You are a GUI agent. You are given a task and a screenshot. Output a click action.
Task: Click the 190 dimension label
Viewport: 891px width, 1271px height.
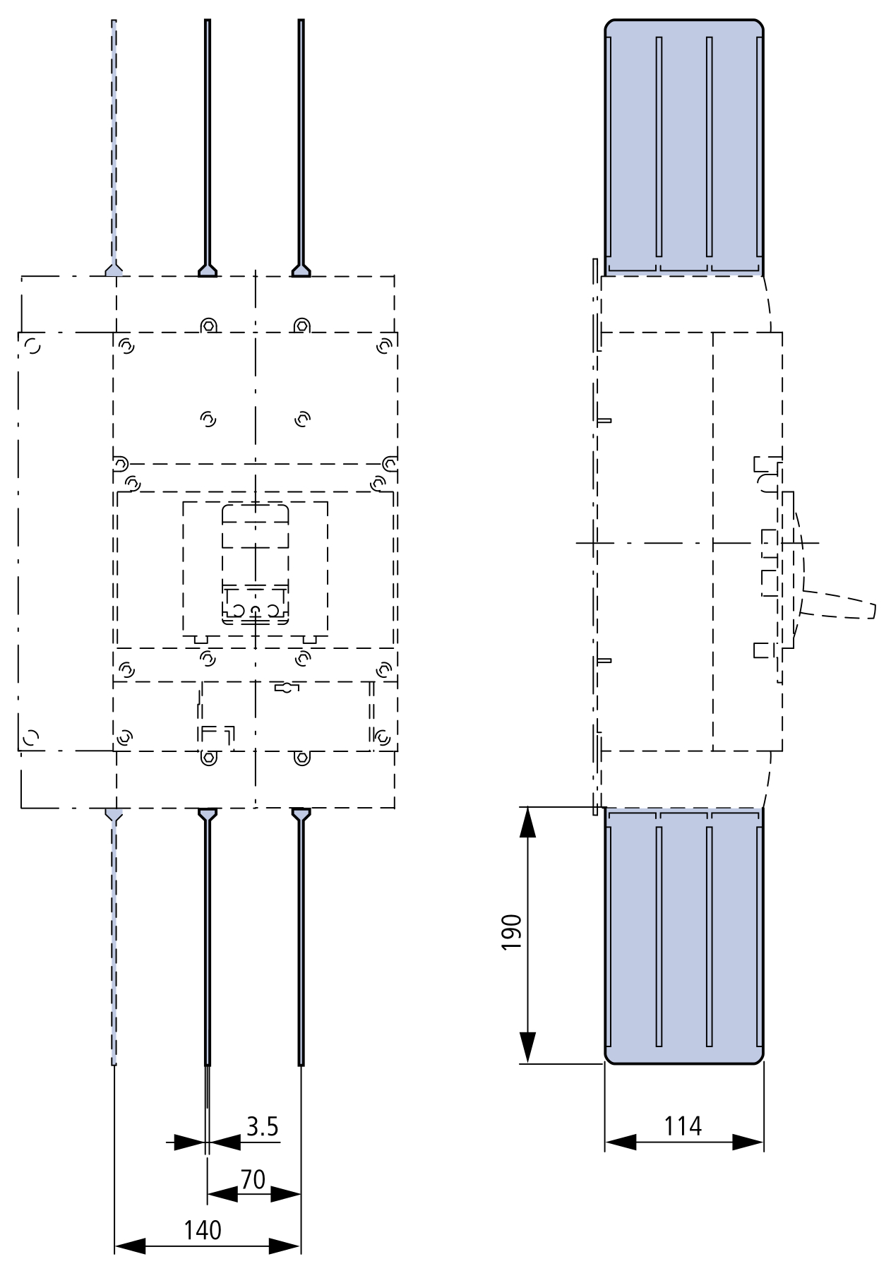pyautogui.click(x=512, y=932)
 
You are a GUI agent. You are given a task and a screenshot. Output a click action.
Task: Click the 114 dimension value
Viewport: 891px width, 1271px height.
pyautogui.click(x=683, y=1126)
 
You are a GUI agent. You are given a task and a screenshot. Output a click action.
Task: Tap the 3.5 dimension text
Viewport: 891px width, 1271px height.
pyautogui.click(x=262, y=1127)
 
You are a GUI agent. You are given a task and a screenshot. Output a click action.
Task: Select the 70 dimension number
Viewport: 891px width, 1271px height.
pyautogui.click(x=253, y=1179)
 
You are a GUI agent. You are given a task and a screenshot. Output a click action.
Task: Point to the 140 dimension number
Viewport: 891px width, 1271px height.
pyautogui.click(x=203, y=1230)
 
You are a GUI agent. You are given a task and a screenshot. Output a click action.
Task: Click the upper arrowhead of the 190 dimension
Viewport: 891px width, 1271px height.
pyautogui.click(x=527, y=823)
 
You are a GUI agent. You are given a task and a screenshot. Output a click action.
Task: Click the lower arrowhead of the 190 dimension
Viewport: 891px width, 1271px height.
pyautogui.click(x=527, y=1046)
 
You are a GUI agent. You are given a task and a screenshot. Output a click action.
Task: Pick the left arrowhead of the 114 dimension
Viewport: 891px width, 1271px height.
pyautogui.click(x=621, y=1142)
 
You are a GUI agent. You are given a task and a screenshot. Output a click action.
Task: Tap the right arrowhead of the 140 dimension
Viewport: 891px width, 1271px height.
pyautogui.click(x=285, y=1246)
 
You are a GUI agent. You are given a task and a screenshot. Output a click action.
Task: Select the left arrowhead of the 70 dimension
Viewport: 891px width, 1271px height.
pyautogui.click(x=222, y=1195)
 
